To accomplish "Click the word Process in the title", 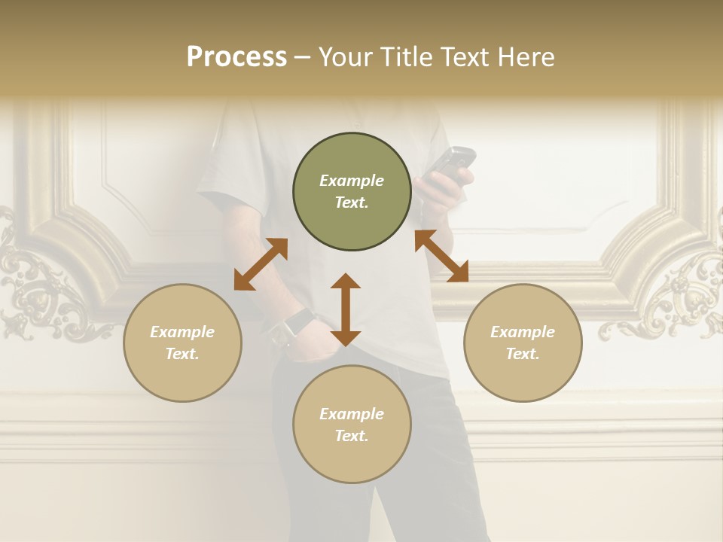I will tap(236, 56).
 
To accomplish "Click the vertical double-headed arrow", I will tap(346, 309).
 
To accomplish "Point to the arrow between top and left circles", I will tap(261, 264).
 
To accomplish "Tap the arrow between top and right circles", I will tap(442, 256).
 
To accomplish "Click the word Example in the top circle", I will tap(352, 181).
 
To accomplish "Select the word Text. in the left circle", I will tap(182, 354).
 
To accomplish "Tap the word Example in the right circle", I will tap(523, 332).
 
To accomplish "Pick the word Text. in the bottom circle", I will tap(352, 436).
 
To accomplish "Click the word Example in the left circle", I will tap(182, 332).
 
